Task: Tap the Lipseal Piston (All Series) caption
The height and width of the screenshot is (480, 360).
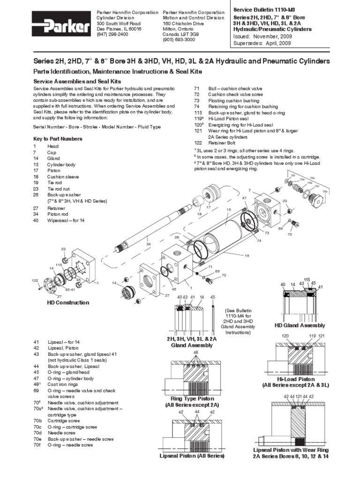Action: click(192, 455)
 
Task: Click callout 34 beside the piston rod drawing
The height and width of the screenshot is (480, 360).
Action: click(148, 244)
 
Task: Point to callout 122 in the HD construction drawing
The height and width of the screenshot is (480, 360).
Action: click(35, 280)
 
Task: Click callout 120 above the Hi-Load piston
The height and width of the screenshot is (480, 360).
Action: click(285, 337)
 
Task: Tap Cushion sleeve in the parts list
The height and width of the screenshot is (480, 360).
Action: click(63, 177)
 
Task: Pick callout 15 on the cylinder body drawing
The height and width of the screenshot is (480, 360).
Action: click(229, 210)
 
